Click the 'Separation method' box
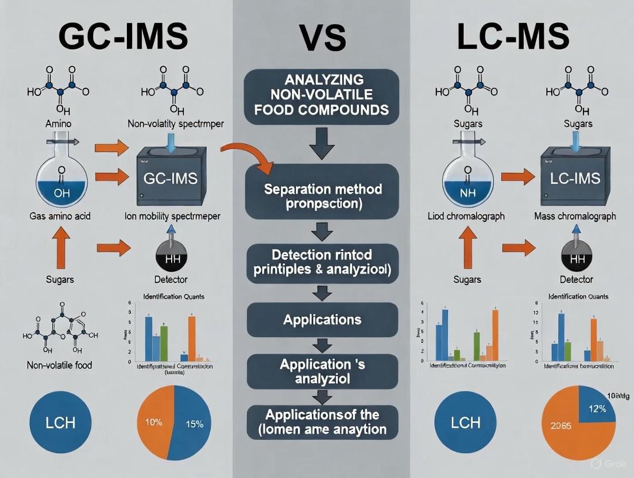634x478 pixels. [x=322, y=197]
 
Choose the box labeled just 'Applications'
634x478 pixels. [x=322, y=319]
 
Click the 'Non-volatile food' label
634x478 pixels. [x=60, y=364]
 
